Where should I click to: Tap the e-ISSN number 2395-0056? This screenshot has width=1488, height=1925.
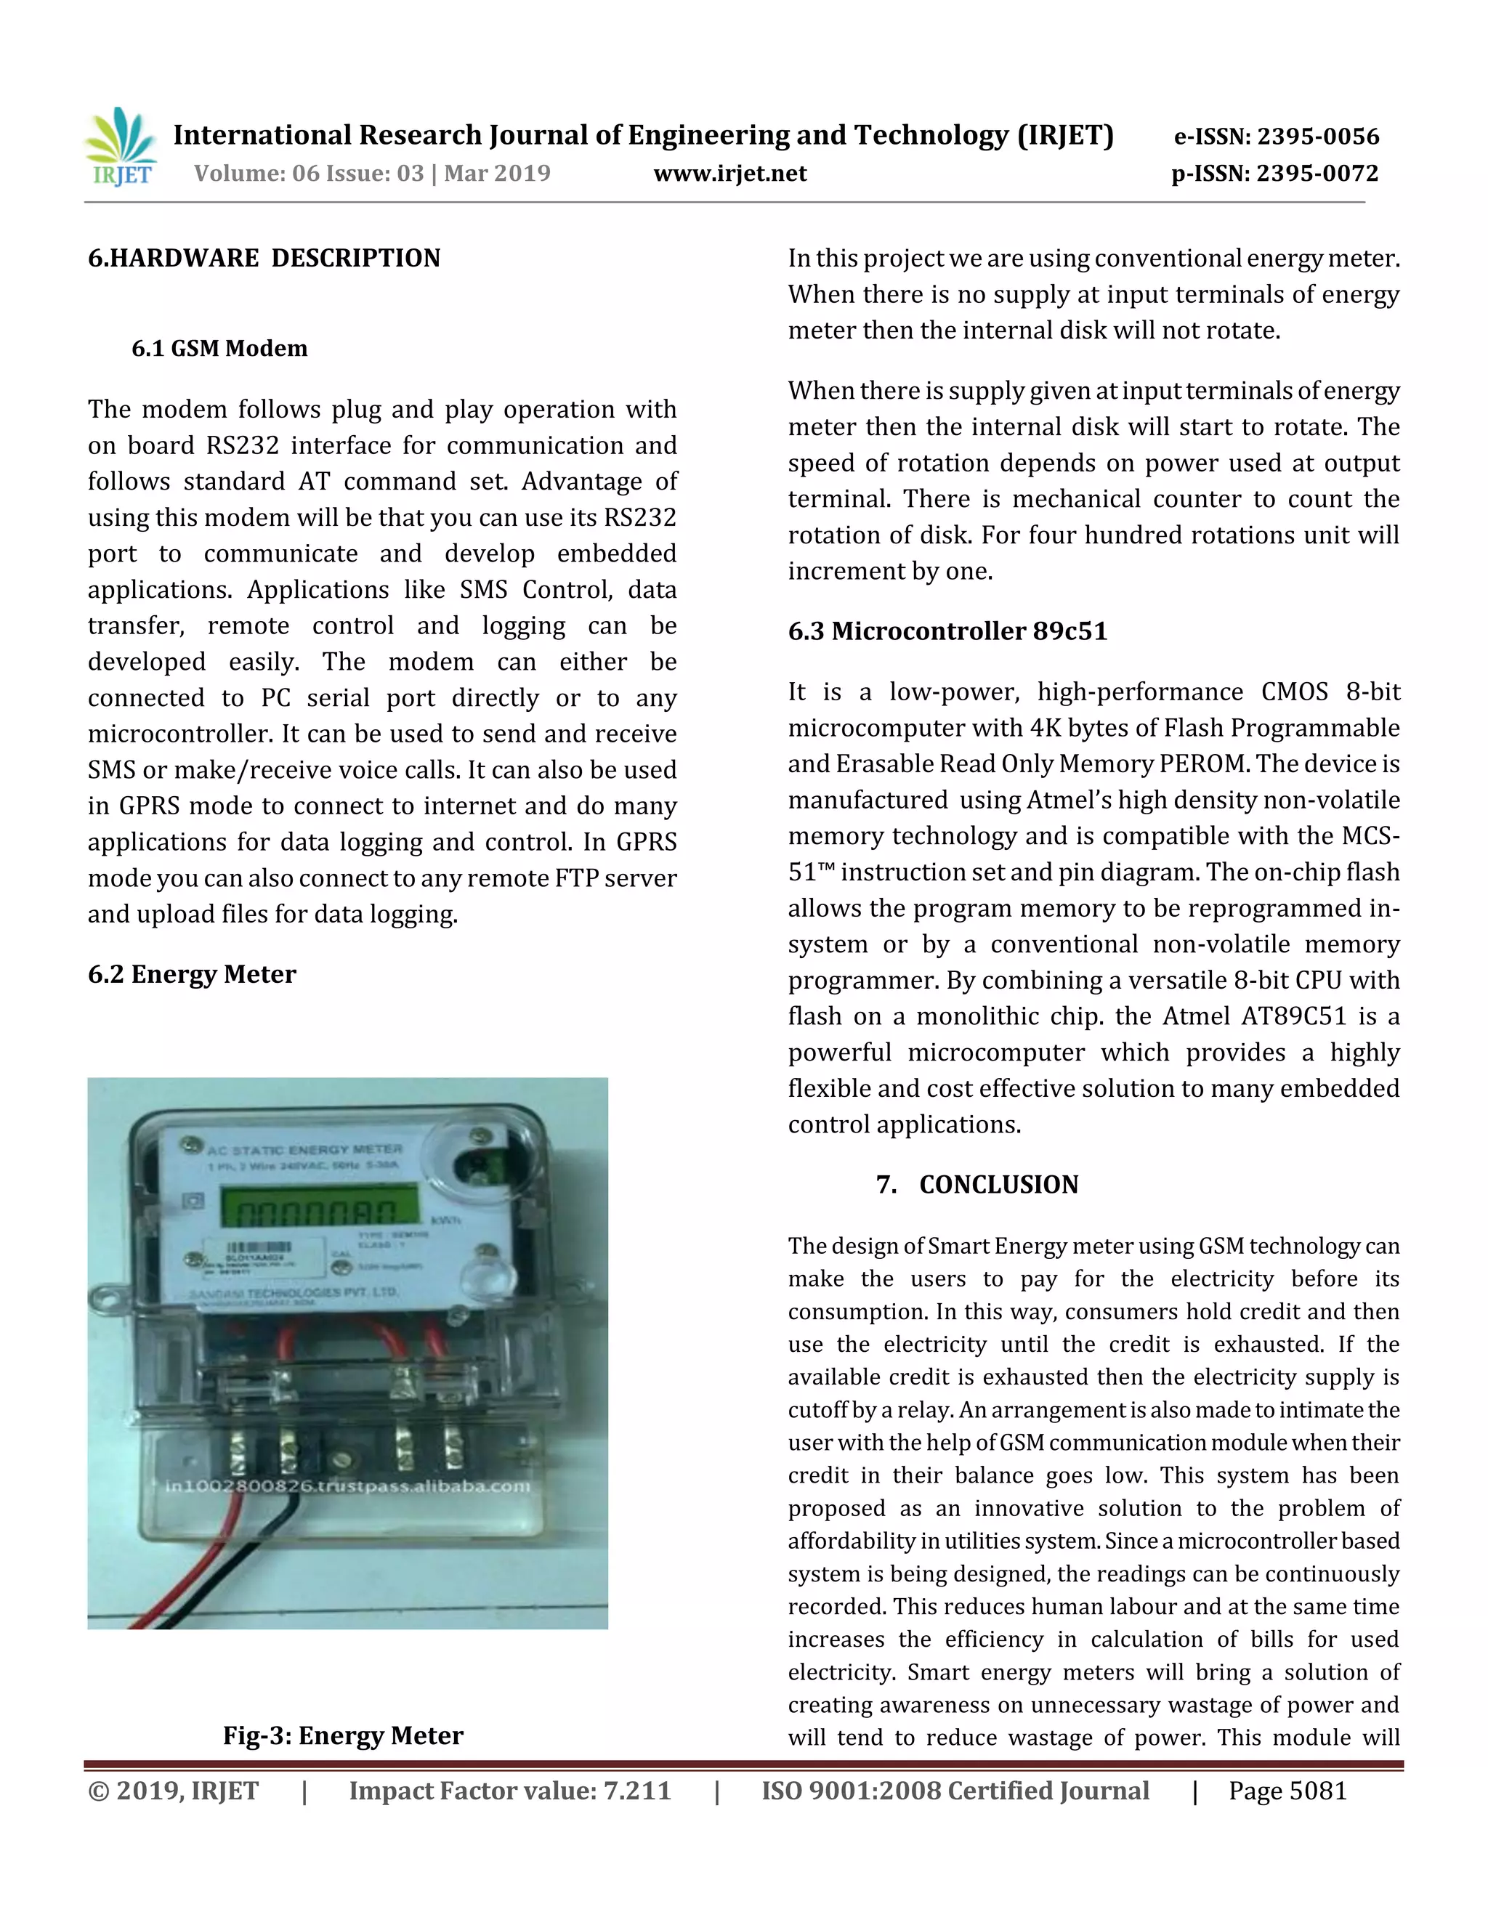[1317, 137]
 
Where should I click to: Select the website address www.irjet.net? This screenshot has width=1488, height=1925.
[730, 174]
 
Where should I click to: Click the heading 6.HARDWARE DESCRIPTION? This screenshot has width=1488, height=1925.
[264, 259]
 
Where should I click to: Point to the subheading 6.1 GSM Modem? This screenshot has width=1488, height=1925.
[219, 348]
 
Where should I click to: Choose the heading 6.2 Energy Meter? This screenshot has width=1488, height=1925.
[192, 974]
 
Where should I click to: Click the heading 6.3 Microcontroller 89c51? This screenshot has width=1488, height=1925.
[947, 631]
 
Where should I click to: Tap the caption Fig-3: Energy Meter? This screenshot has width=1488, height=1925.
[343, 1735]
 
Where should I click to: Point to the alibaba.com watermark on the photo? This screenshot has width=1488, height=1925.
[348, 1486]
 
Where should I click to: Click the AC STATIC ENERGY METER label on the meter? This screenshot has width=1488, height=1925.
[305, 1149]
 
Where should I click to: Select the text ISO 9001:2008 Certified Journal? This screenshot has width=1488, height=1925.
[955, 1791]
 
